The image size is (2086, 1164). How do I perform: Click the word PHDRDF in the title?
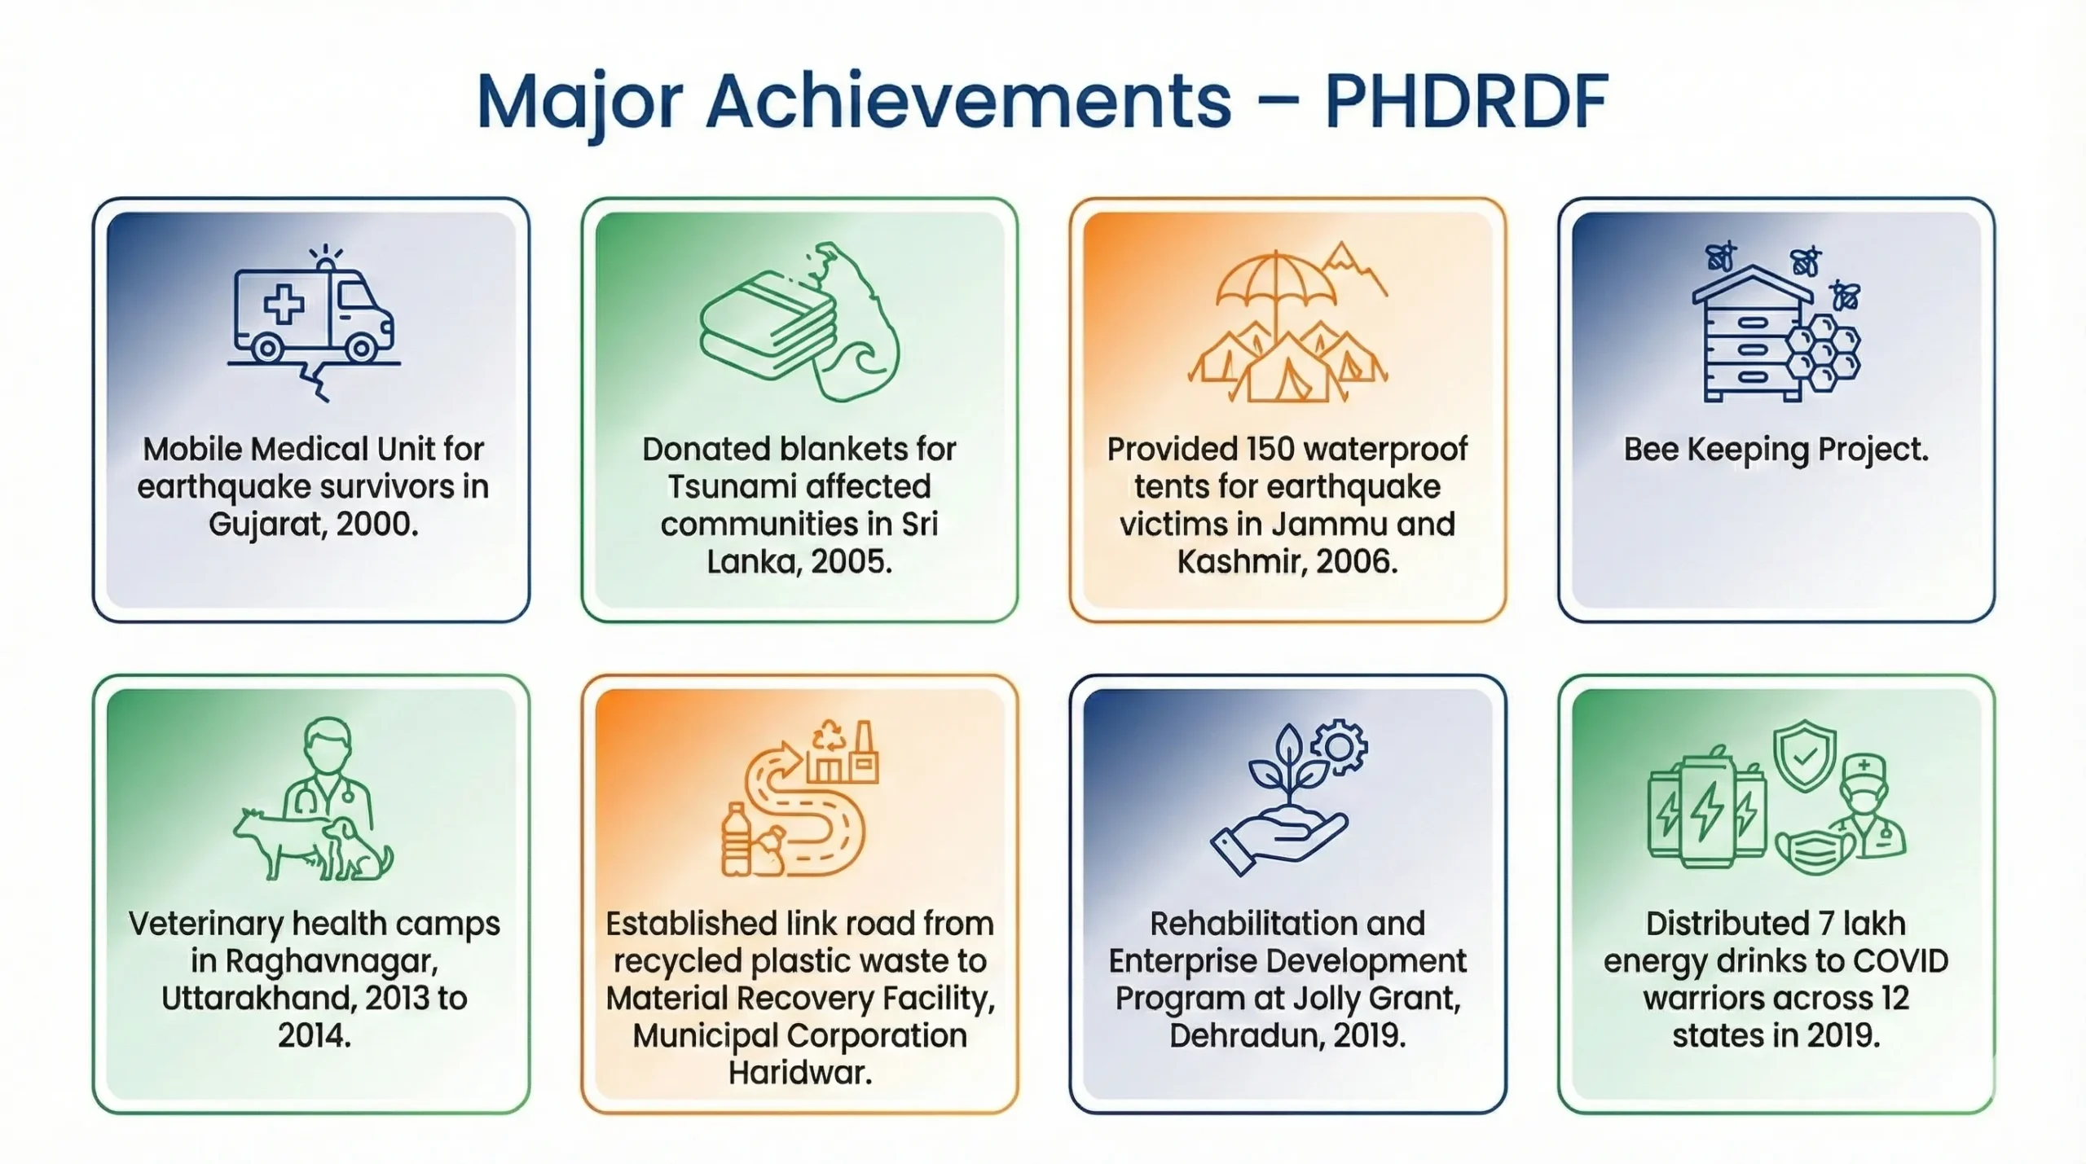(1466, 102)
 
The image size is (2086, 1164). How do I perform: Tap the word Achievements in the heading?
(968, 102)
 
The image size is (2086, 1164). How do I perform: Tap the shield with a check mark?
(1805, 754)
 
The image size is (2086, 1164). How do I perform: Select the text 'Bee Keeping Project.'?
(1776, 450)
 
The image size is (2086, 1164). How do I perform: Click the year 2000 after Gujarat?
(373, 524)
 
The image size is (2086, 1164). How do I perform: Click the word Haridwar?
(799, 1072)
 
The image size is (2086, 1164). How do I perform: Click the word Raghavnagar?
(332, 962)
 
